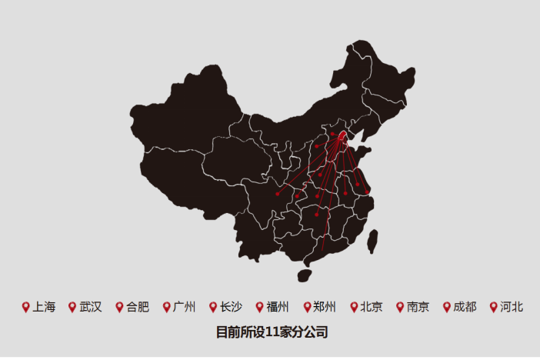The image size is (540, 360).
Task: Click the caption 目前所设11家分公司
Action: click(x=272, y=333)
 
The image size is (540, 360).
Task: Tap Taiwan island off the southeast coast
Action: click(x=372, y=242)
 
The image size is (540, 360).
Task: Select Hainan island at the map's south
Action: click(x=304, y=273)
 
